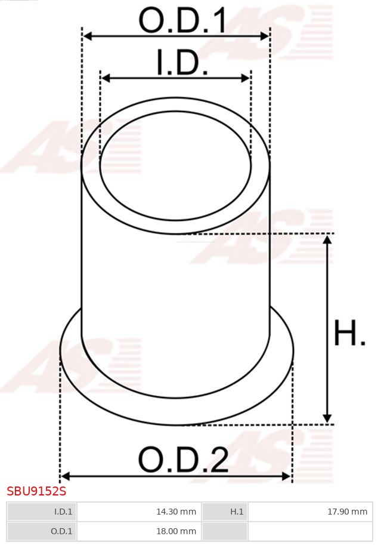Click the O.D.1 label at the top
tap(182, 20)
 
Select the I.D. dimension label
tap(182, 63)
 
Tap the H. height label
tap(349, 334)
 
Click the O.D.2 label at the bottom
tap(183, 460)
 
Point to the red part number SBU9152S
tap(36, 491)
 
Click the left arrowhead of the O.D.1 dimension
tap(87, 36)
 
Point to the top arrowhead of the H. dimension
tap(327, 239)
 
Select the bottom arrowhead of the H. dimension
tap(327, 418)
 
